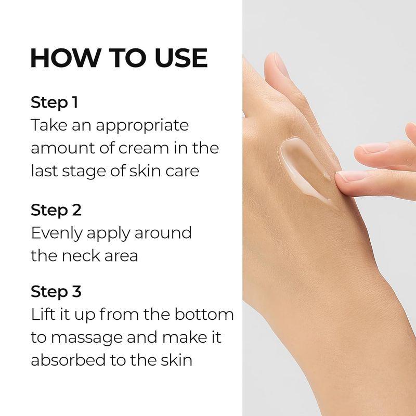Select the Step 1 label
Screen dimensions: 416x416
54,102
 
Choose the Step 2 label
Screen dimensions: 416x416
56,210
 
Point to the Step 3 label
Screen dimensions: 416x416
56,292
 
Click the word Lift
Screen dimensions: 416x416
43,315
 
